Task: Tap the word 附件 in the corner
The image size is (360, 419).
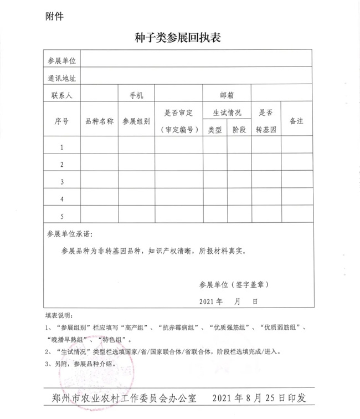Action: [54, 16]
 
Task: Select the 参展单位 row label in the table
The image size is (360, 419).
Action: [62, 60]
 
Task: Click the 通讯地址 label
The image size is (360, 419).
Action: [62, 78]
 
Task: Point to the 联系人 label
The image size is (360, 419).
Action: [61, 95]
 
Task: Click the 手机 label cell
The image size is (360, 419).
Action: [136, 95]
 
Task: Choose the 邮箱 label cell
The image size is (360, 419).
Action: [227, 95]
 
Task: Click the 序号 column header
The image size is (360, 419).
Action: [61, 121]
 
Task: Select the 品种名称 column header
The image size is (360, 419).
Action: [99, 121]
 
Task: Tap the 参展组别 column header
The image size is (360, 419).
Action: [136, 121]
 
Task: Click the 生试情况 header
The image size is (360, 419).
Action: [227, 113]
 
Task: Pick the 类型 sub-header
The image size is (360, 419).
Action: [215, 130]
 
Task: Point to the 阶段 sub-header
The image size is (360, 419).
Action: [239, 130]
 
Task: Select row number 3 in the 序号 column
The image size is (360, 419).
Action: [62, 181]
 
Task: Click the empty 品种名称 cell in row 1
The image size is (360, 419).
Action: [99, 147]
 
